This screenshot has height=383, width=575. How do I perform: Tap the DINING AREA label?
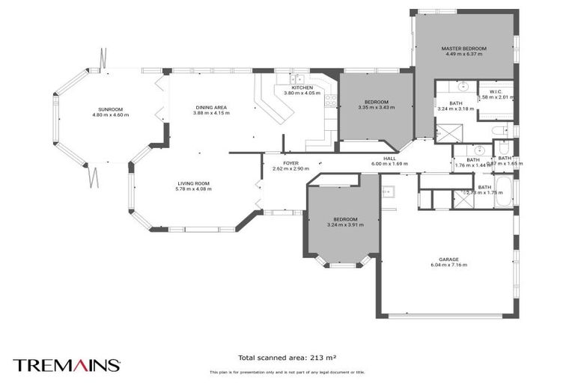coord(211,108)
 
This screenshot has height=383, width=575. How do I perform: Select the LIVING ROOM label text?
coord(194,183)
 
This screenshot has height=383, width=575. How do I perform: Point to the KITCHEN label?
coord(302,88)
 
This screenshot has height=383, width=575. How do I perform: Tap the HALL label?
coord(389,158)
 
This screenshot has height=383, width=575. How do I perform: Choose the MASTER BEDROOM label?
coord(463,49)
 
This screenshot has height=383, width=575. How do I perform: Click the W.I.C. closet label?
coord(495,91)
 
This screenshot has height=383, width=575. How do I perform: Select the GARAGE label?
coord(449,260)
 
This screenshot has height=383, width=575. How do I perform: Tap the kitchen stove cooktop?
coord(330,97)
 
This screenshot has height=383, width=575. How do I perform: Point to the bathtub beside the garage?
coord(506,193)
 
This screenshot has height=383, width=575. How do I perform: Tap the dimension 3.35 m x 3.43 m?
coord(376,108)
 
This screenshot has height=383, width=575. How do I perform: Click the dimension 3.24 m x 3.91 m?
coord(345,224)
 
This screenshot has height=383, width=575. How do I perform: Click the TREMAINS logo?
coord(66,364)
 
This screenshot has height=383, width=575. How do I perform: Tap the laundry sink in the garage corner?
coord(387,191)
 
